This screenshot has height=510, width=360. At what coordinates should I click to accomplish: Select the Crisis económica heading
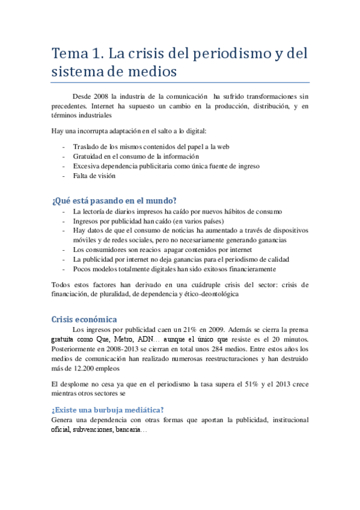point(84,319)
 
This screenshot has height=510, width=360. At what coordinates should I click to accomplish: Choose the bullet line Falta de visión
point(94,176)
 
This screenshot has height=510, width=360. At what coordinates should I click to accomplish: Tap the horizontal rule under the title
point(180,82)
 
